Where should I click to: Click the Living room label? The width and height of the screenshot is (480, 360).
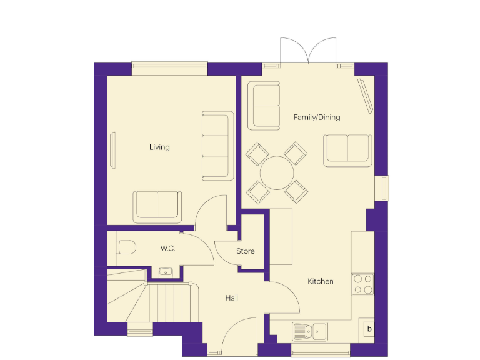(x=159, y=147)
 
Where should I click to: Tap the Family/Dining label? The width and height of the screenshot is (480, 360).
(x=317, y=117)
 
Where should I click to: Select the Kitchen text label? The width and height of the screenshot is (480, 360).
(x=320, y=281)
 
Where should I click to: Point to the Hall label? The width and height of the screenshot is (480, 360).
(x=231, y=298)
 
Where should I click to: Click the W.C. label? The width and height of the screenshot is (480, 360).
(x=167, y=248)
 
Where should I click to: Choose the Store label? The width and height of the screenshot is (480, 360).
(x=245, y=251)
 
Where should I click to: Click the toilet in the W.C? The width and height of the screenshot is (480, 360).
(x=125, y=248)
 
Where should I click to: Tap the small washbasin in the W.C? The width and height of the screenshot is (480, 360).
(x=165, y=272)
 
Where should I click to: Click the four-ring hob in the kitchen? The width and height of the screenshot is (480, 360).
(x=363, y=284)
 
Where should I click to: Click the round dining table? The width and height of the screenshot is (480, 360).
(x=277, y=172)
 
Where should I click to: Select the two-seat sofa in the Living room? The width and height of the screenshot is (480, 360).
(x=157, y=206)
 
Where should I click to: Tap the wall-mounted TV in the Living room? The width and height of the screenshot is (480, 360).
(x=113, y=150)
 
